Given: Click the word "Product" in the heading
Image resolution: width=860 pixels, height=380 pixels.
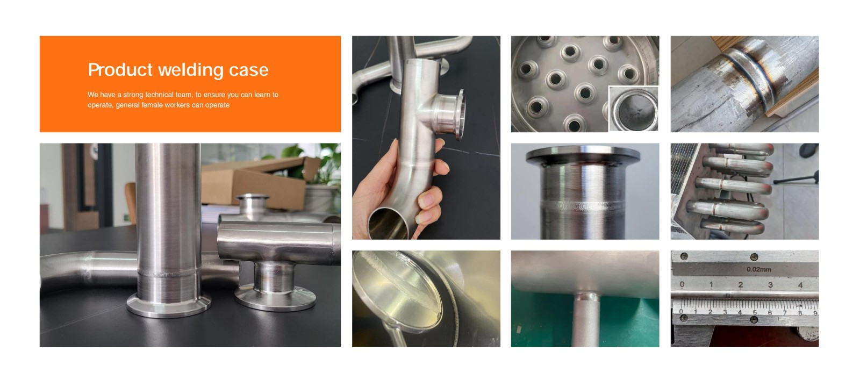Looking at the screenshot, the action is [120, 70].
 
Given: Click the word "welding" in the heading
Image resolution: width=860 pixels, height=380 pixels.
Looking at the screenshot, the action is [191, 70].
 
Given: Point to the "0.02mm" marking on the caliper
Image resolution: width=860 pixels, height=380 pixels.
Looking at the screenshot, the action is [758, 269].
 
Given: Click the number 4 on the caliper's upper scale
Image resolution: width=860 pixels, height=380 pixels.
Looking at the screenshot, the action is [800, 285].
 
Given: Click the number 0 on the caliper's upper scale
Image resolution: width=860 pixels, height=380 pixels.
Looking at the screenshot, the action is [682, 284].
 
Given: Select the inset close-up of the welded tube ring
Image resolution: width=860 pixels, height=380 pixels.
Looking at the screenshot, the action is [634, 109].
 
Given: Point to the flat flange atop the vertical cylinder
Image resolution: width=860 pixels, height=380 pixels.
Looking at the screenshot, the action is [583, 154].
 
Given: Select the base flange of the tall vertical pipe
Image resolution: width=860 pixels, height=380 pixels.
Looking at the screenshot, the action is [169, 305].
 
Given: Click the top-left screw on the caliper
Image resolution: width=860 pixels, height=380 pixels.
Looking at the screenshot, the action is [684, 256].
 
